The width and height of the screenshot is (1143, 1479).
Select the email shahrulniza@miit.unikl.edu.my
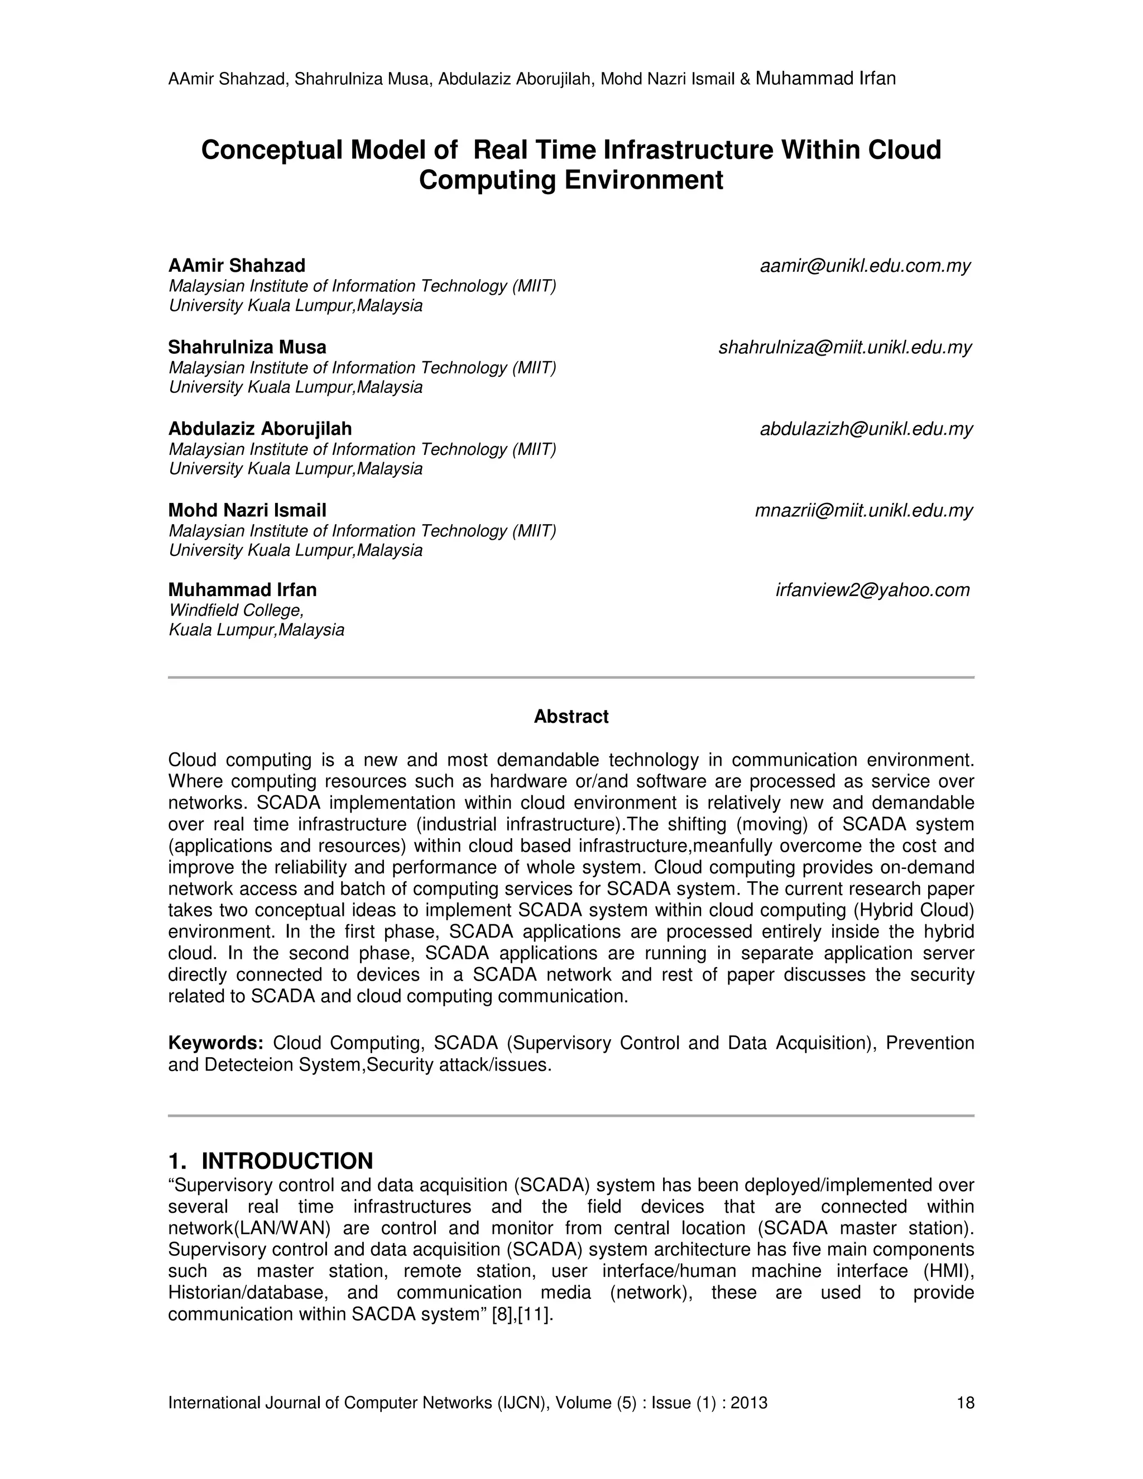click(844, 347)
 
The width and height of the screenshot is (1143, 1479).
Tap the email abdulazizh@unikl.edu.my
click(866, 429)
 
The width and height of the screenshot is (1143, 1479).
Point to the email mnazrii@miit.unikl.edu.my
click(863, 510)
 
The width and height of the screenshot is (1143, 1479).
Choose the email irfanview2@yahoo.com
click(872, 590)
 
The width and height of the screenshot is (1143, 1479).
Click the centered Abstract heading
click(571, 717)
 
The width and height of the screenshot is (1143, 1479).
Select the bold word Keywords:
click(215, 1043)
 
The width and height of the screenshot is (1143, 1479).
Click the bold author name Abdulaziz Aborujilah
click(260, 429)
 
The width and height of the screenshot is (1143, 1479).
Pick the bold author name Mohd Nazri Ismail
click(247, 510)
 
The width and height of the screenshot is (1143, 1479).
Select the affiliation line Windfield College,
click(236, 610)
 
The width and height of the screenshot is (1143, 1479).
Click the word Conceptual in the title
click(272, 150)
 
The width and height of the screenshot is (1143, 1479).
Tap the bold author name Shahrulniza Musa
click(247, 347)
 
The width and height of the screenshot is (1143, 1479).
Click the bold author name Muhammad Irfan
click(242, 590)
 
